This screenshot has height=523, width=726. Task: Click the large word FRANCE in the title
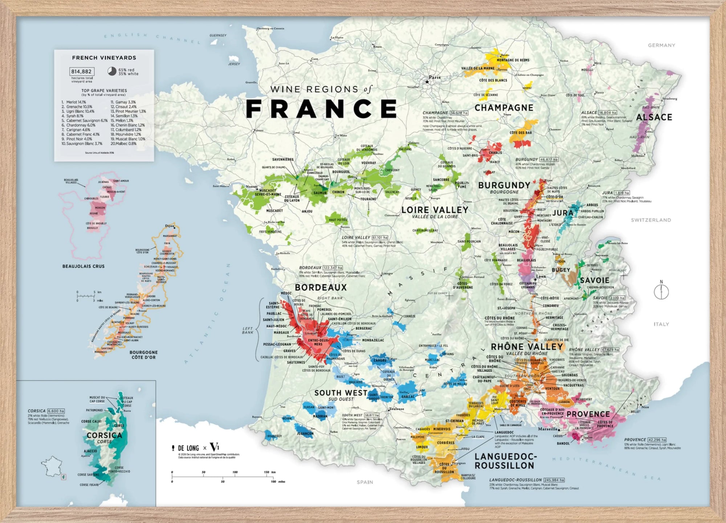[322, 109]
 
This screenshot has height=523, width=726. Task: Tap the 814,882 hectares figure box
[82, 72]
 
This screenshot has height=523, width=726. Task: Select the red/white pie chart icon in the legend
[112, 71]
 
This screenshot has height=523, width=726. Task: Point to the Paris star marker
[427, 82]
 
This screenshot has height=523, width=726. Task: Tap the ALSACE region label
[654, 117]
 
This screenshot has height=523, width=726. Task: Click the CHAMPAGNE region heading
[504, 108]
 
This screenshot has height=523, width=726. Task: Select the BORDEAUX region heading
[321, 287]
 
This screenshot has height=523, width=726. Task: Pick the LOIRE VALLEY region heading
[435, 210]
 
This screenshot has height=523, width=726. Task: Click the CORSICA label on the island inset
[104, 435]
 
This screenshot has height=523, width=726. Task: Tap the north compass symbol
[661, 291]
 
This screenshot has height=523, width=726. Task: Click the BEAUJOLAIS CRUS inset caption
[83, 266]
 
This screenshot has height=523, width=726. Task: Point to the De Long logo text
[188, 448]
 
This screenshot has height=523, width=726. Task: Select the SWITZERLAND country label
[651, 220]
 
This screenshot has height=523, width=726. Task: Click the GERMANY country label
[661, 45]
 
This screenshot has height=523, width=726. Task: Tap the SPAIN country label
[365, 482]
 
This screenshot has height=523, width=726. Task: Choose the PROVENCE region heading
[588, 414]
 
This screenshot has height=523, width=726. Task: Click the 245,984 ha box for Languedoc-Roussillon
[554, 480]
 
